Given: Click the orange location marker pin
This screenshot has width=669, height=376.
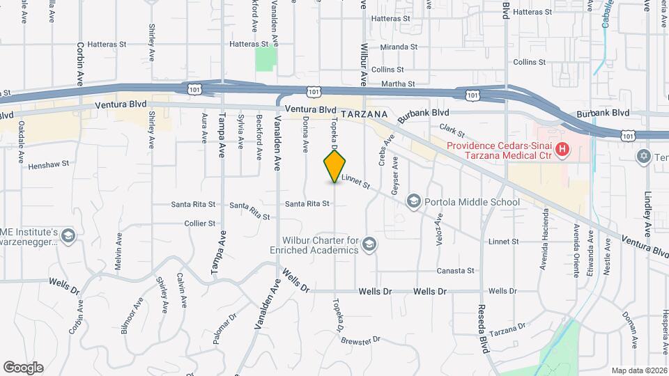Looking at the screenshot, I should pyautogui.click(x=335, y=166).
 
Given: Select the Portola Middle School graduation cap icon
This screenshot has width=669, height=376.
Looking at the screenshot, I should pyautogui.click(x=414, y=202).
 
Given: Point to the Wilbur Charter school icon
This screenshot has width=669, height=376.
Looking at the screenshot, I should pyautogui.click(x=369, y=244).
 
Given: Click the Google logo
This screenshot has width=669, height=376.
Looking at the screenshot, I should pyautogui.click(x=23, y=368).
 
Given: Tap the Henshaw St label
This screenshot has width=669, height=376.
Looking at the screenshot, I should pyautogui.click(x=49, y=166).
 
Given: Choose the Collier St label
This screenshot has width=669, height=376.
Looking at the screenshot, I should pyautogui.click(x=199, y=224).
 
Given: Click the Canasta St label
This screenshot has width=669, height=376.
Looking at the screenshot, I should pyautogui.click(x=455, y=271).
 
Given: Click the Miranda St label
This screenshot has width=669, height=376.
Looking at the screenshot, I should pyautogui.click(x=399, y=47).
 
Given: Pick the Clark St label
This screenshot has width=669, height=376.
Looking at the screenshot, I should pyautogui.click(x=452, y=130).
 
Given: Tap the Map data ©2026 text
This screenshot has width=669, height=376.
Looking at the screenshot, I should pyautogui.click(x=639, y=370).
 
